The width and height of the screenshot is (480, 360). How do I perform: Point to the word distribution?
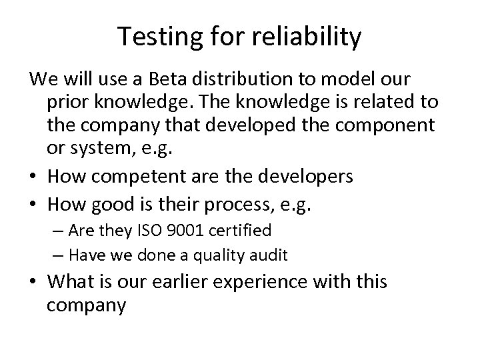coord(247,79)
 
